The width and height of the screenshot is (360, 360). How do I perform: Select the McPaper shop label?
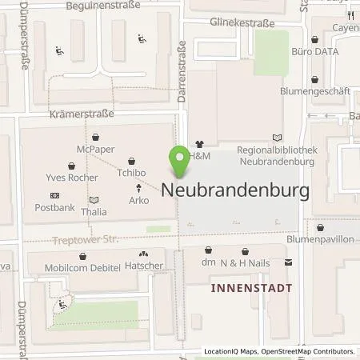tap(95, 148)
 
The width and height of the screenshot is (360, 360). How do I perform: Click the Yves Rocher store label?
tap(64, 176)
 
